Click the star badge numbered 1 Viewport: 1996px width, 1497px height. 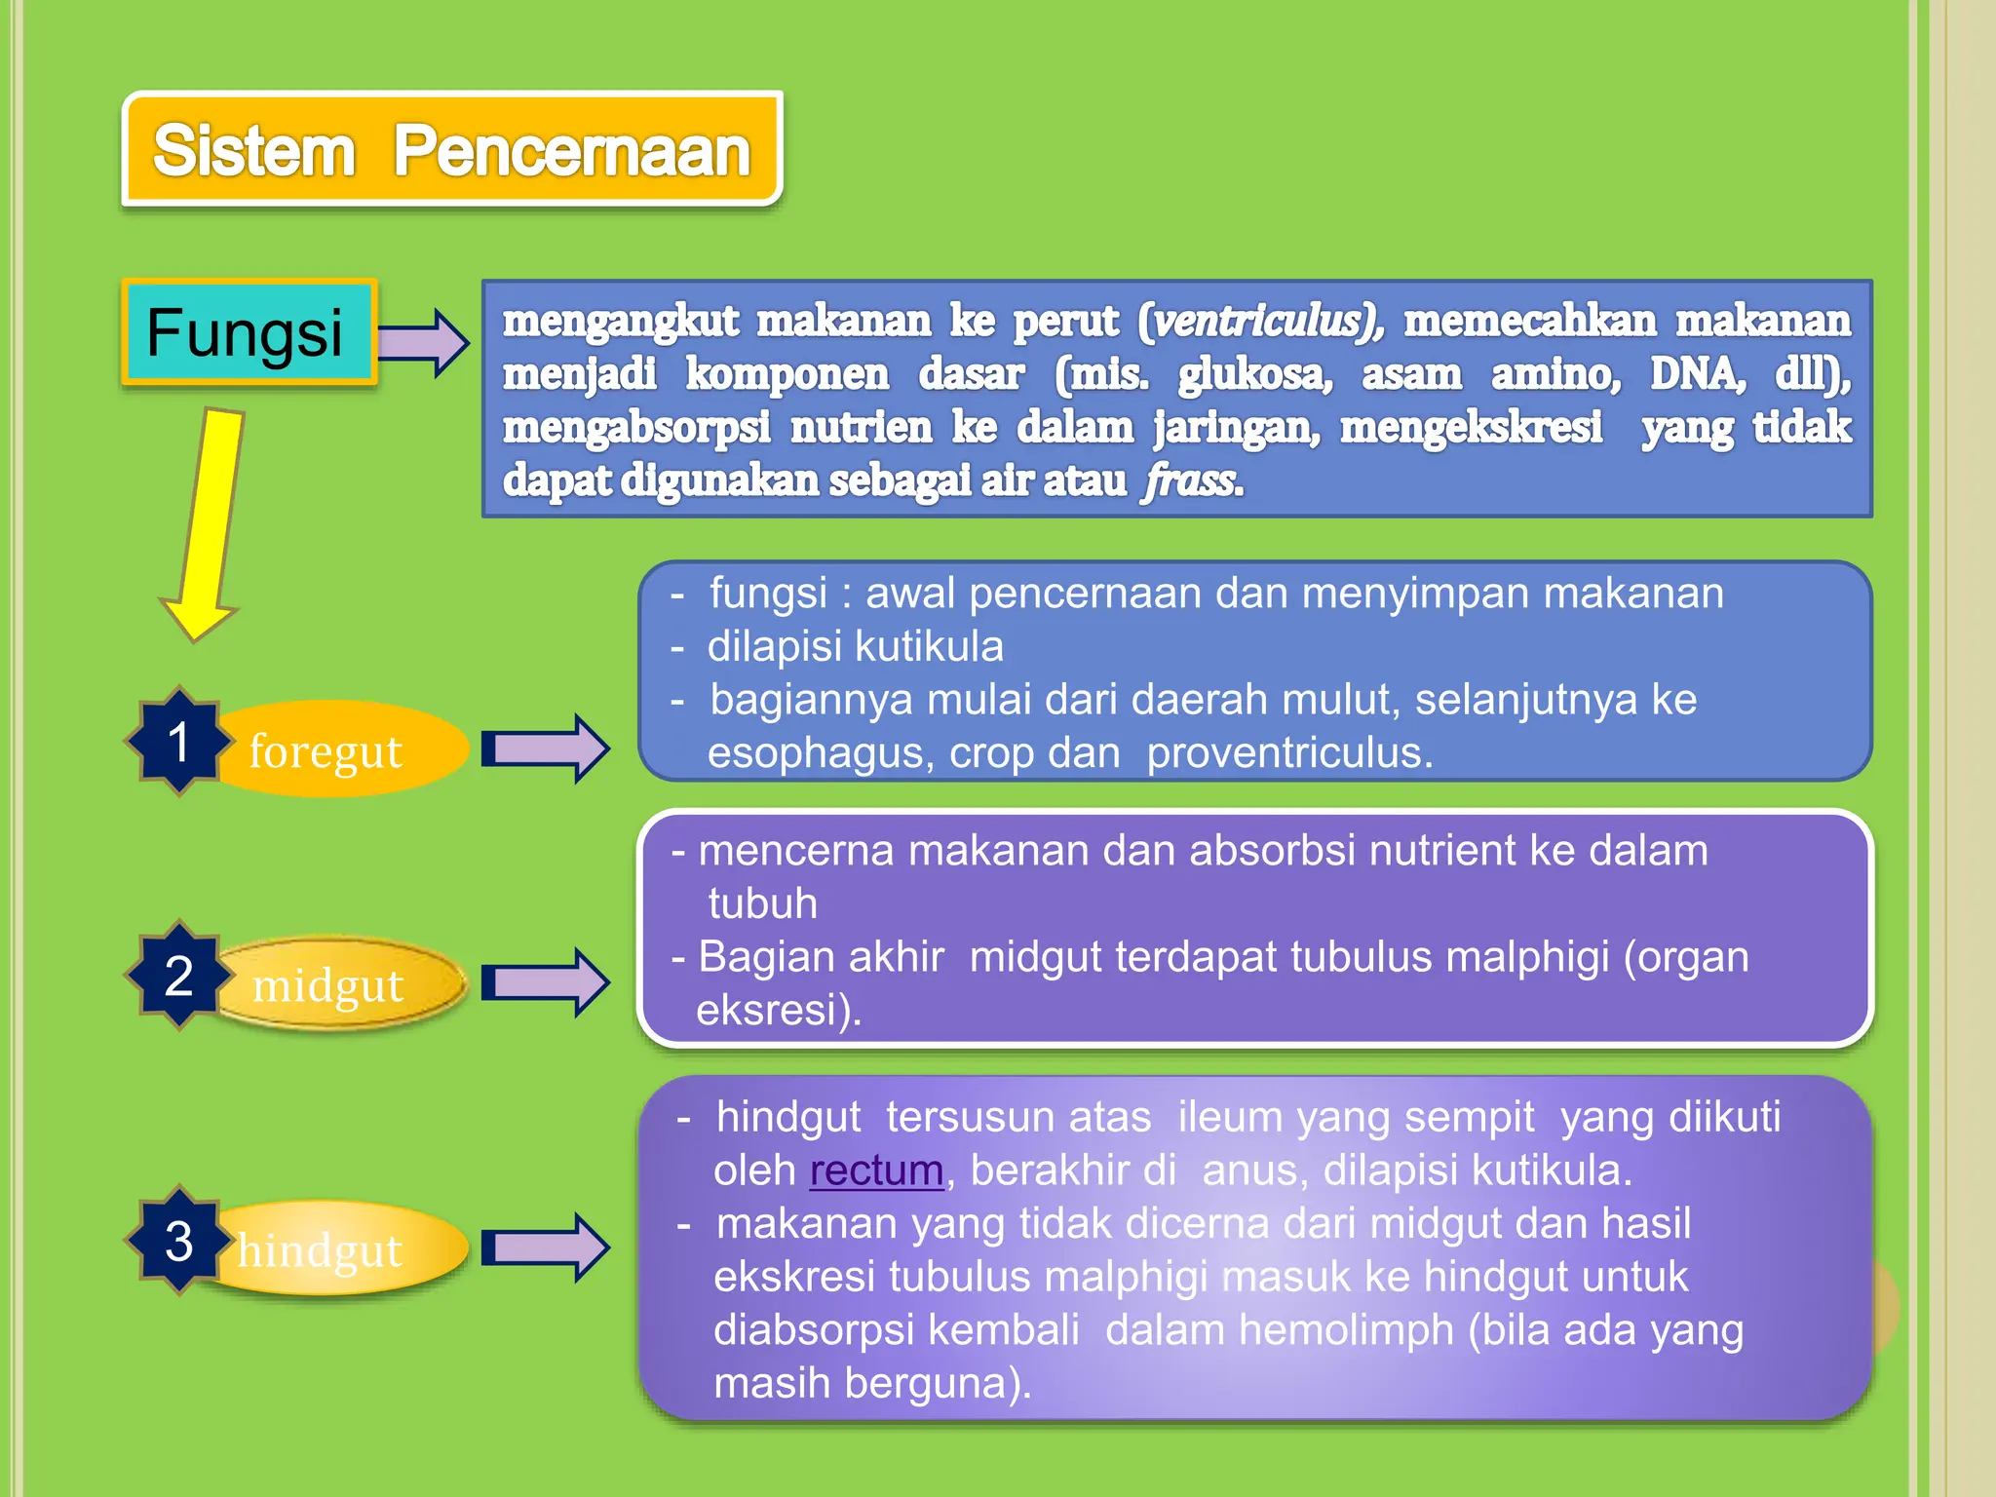pos(178,742)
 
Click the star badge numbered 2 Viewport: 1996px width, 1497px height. pos(178,976)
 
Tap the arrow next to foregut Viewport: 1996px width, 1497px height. pos(546,748)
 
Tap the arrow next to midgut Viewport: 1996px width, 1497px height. pos(546,982)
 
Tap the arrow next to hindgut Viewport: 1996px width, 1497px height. pos(546,1247)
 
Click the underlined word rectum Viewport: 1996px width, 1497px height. pos(876,1171)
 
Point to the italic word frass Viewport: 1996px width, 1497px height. pos(1191,480)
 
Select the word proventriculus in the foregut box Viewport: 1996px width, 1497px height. pos(1288,753)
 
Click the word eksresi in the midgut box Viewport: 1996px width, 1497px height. pos(778,1011)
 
